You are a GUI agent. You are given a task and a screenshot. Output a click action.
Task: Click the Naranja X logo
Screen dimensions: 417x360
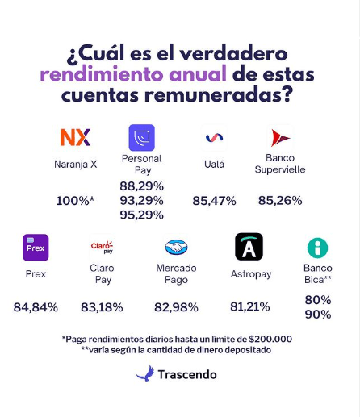coord(75,137)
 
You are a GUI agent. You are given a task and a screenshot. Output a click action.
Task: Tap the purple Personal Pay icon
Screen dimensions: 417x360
coord(141,137)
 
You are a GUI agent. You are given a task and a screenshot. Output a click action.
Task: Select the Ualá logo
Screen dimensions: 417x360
coord(214,138)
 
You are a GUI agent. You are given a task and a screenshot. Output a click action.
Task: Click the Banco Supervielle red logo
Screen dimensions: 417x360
coord(280,137)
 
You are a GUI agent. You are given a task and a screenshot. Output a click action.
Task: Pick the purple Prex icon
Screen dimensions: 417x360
coord(36,248)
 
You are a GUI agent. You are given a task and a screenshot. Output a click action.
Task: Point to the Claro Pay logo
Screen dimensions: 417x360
coord(102,247)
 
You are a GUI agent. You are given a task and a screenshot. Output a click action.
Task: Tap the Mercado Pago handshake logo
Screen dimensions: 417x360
coord(176,248)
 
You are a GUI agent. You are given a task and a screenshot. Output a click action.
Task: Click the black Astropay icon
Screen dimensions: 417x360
coord(249,247)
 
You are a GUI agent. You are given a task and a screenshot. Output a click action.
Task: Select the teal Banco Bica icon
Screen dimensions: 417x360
coord(317,248)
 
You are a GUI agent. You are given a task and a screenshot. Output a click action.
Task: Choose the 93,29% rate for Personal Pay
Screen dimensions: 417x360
coord(141,200)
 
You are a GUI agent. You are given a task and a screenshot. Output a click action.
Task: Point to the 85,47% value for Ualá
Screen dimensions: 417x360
coord(214,200)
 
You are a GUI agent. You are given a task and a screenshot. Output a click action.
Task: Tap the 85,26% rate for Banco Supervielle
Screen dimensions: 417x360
coord(280,200)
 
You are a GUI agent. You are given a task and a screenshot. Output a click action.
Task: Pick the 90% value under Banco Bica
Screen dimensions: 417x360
coord(317,315)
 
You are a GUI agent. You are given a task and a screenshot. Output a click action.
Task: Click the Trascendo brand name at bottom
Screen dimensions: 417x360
coord(187,374)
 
